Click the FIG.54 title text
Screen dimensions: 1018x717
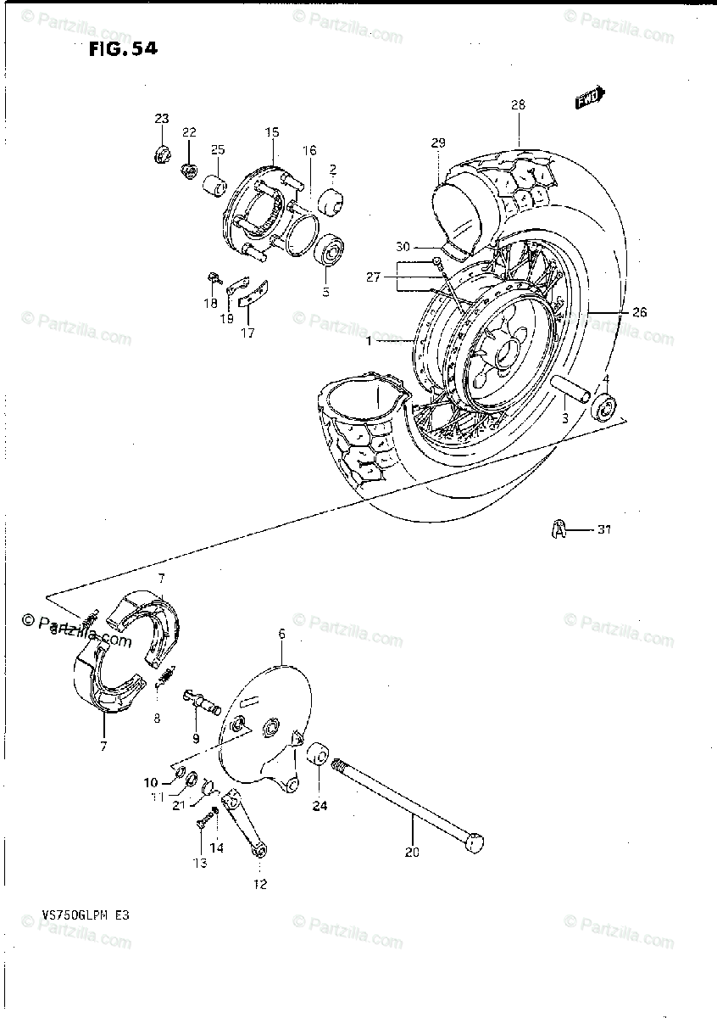coord(122,48)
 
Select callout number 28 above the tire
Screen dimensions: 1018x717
coord(518,105)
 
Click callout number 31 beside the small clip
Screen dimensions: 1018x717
coord(603,531)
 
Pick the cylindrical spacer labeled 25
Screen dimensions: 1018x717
coord(216,184)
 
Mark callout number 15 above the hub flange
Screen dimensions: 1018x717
coord(271,132)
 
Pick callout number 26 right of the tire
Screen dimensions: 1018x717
coord(639,312)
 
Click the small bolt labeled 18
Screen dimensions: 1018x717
coord(214,277)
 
